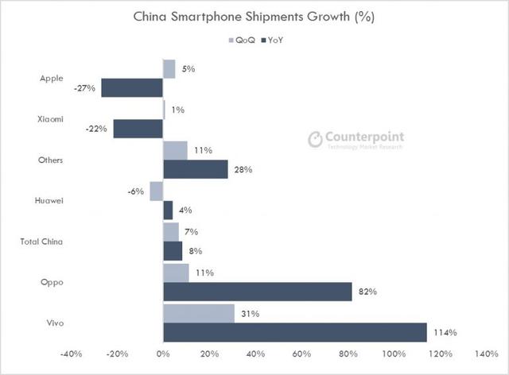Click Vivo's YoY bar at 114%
coord(294,332)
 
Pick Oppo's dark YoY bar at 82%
coord(258,292)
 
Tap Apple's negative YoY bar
coord(132,88)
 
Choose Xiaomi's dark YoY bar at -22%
coord(138,129)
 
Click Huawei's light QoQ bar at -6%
coord(156,191)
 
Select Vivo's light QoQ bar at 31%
coord(198,313)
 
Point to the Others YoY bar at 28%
coord(195,169)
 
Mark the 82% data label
coord(367,292)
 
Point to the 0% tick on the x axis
coord(162,354)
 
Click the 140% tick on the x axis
coord(486,354)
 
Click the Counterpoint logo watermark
coord(356,139)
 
